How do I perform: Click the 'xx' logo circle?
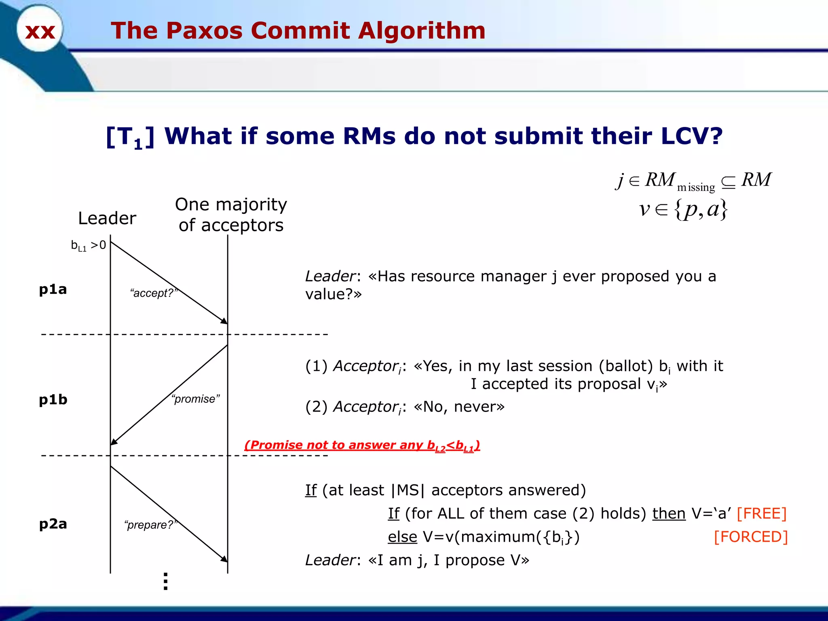pos(40,29)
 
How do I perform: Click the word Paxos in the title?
pos(204,31)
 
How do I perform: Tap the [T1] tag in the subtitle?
pos(130,137)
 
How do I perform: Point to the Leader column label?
pos(107,218)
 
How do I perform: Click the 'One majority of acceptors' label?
pos(231,215)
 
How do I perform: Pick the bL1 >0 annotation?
pos(88,245)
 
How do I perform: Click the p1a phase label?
pos(53,289)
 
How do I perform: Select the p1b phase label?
pos(53,399)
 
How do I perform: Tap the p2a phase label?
pos(53,524)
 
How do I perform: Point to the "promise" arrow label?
pos(196,399)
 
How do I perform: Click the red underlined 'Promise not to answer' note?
pos(362,445)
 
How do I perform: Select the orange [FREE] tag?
pos(761,513)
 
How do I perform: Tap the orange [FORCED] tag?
pos(751,537)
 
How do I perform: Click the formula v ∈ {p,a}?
pos(683,209)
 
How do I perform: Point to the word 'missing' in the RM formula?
pos(696,187)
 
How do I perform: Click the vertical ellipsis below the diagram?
pos(165,581)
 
